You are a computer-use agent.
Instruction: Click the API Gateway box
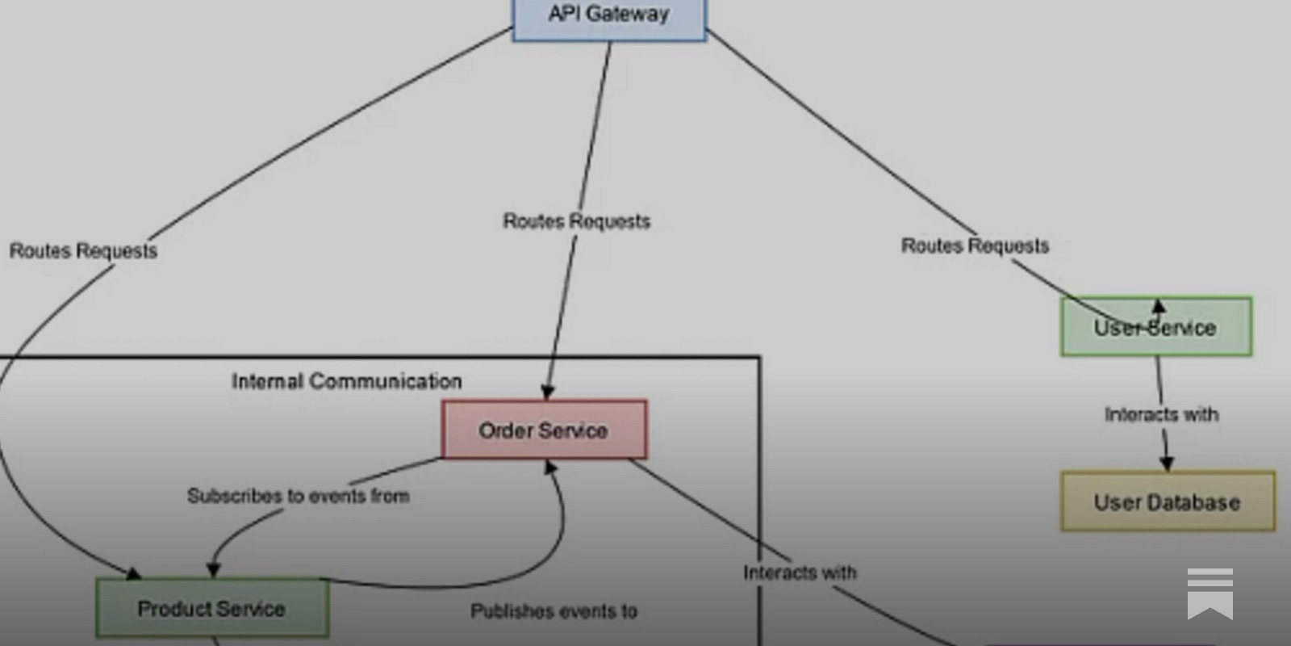[x=609, y=18]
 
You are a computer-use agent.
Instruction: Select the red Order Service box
[x=544, y=430]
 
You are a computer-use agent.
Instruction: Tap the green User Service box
[x=1155, y=327]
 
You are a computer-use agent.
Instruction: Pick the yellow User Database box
[x=1167, y=501]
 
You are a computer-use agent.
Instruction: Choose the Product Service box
[x=211, y=608]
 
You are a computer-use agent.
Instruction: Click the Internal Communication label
[x=347, y=381]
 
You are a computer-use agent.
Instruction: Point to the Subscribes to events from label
[x=298, y=496]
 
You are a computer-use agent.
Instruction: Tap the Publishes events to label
[x=554, y=611]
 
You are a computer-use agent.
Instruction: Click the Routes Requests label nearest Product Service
[x=83, y=251]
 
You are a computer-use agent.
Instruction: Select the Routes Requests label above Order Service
[x=576, y=221]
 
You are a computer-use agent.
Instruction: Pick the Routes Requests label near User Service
[x=975, y=245]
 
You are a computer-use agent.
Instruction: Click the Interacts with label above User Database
[x=1161, y=414]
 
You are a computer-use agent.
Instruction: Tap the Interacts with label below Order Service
[x=800, y=573]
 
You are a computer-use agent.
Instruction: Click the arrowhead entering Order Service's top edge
[x=548, y=392]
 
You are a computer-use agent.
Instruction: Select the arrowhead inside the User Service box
[x=1159, y=307]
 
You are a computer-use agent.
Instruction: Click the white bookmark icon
[x=1210, y=594]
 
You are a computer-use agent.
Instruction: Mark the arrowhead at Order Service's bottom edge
[x=551, y=467]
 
